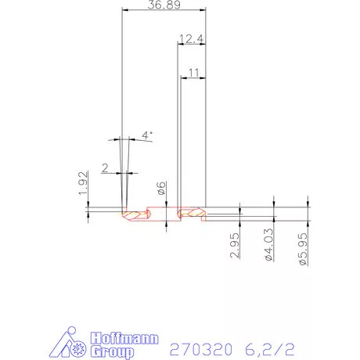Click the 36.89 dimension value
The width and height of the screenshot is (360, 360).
(x=164, y=5)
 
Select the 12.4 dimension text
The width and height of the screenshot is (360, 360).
(x=191, y=38)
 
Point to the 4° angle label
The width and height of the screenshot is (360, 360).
(x=147, y=135)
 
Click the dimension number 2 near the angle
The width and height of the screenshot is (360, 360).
(x=106, y=167)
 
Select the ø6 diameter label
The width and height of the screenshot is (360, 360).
(x=159, y=188)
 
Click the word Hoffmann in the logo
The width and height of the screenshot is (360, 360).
(x=125, y=340)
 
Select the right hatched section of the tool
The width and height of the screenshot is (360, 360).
(x=191, y=212)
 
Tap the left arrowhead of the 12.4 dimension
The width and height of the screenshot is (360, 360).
(x=178, y=45)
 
